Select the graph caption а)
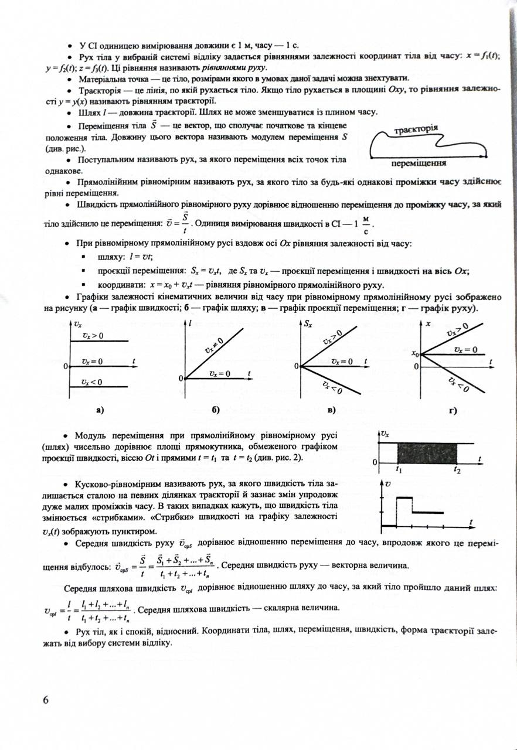(100, 410)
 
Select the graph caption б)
(215, 410)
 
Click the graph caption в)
(332, 410)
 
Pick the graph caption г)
(453, 410)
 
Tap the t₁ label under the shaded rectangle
(399, 469)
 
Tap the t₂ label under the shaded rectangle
(457, 469)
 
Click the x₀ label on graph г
(416, 354)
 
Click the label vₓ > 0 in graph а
(92, 336)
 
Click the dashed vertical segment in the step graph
(413, 504)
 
